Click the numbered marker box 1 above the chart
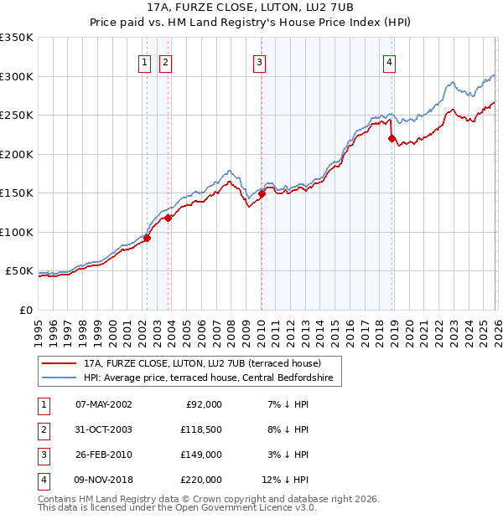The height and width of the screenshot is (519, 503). point(145,62)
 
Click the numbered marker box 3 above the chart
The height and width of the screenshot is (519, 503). point(260,62)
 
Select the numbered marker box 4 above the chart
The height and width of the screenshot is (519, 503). point(391,62)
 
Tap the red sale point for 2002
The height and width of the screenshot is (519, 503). point(147,238)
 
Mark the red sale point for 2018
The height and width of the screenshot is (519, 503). point(392,138)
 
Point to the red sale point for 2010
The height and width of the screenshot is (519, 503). point(262,193)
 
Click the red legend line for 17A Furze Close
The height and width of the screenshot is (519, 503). point(60,363)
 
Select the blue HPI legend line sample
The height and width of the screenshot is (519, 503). point(60,378)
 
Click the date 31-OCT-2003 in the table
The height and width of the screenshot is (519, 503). point(104,429)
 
